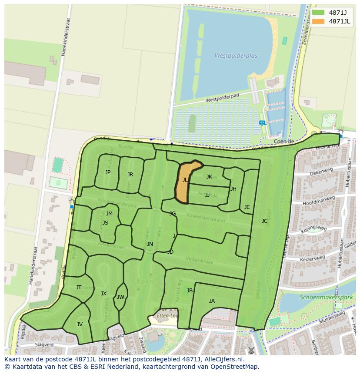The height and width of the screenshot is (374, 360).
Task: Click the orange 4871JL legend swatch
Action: coord(318,21)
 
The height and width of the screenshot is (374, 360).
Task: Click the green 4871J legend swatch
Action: coord(318,13)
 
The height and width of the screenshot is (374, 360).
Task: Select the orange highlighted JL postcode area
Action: coord(185,182)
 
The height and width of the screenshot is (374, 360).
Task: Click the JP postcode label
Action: coord(108,172)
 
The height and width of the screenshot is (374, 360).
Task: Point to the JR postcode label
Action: coord(130,175)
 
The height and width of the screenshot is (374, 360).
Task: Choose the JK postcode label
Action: coord(209,177)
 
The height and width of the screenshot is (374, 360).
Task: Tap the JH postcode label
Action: coord(233,189)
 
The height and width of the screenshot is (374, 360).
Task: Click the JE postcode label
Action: coord(247,207)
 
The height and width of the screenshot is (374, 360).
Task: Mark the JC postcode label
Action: coord(264,221)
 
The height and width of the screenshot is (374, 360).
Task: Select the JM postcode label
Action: coord(109,213)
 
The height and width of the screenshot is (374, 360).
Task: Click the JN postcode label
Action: coord(150,244)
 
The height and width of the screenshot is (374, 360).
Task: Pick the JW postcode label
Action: coord(120,297)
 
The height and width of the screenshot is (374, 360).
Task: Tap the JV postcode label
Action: coord(80,324)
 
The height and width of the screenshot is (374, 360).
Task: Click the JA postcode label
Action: coord(212,301)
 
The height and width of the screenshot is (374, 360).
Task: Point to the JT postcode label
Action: coord(79,288)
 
